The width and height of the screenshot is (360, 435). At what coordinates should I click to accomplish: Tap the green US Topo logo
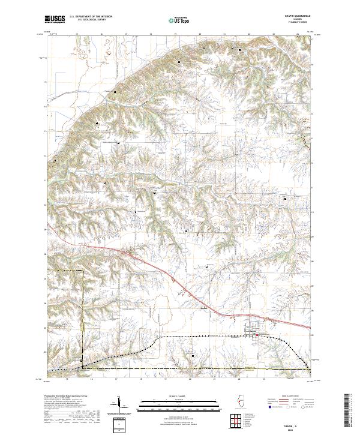(x=179, y=20)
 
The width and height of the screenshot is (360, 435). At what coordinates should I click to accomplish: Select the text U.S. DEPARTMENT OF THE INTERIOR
(x=92, y=16)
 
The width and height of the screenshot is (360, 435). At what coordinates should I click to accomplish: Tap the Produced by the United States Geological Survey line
(x=66, y=397)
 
